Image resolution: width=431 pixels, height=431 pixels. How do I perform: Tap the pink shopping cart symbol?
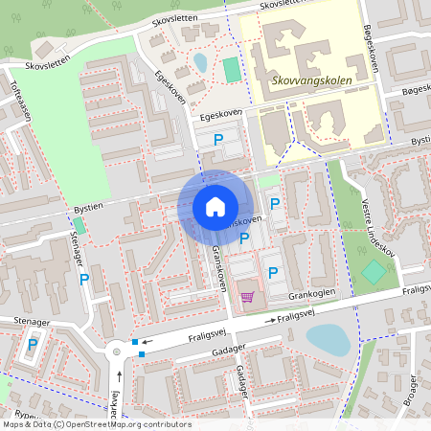click(247, 298)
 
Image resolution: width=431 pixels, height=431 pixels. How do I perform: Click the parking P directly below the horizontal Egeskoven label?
click(218, 140)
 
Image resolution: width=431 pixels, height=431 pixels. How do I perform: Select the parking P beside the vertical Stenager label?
click(83, 280)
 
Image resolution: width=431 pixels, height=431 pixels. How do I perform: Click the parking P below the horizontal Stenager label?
click(34, 345)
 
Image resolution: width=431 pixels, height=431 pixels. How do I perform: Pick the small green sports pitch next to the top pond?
click(232, 70)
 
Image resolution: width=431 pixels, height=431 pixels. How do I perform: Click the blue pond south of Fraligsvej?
click(327, 338)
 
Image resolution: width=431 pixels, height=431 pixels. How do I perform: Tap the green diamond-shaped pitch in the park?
click(374, 272)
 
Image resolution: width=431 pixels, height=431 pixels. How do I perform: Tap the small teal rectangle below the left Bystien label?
click(78, 225)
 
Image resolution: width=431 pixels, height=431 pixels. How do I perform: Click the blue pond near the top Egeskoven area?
click(200, 63)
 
